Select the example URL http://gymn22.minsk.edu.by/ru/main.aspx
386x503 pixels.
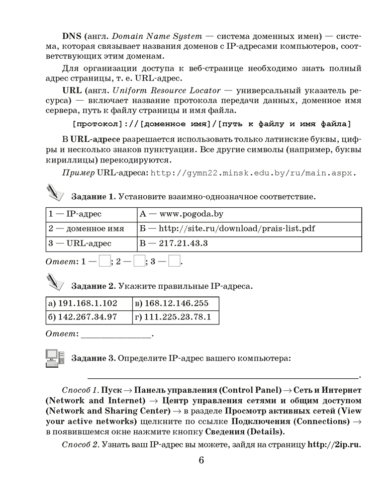[x=253, y=173]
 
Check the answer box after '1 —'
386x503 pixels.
[x=105, y=262]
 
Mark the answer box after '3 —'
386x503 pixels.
[x=174, y=262]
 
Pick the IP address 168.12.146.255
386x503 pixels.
[x=175, y=303]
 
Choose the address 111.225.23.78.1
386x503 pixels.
[x=175, y=317]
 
